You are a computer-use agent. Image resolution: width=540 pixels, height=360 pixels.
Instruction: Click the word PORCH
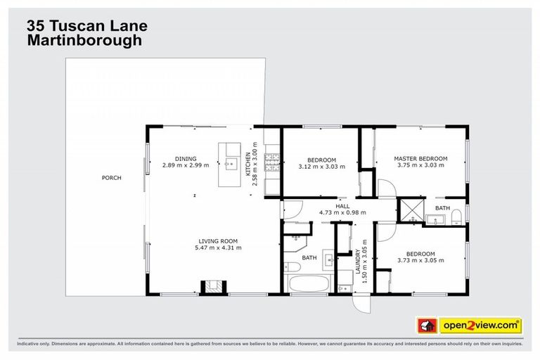pos(111,178)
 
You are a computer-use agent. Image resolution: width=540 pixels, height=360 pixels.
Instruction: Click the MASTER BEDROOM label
pos(420,159)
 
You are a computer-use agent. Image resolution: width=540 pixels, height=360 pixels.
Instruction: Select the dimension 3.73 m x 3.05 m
pos(420,261)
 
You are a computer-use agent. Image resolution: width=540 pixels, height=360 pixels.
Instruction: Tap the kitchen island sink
pos(229,167)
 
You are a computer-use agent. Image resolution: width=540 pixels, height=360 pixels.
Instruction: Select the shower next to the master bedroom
pos(410,209)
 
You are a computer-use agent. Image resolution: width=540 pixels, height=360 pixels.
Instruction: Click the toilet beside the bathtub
pos(291,266)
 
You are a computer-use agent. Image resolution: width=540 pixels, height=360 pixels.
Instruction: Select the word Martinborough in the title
pos(84,41)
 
